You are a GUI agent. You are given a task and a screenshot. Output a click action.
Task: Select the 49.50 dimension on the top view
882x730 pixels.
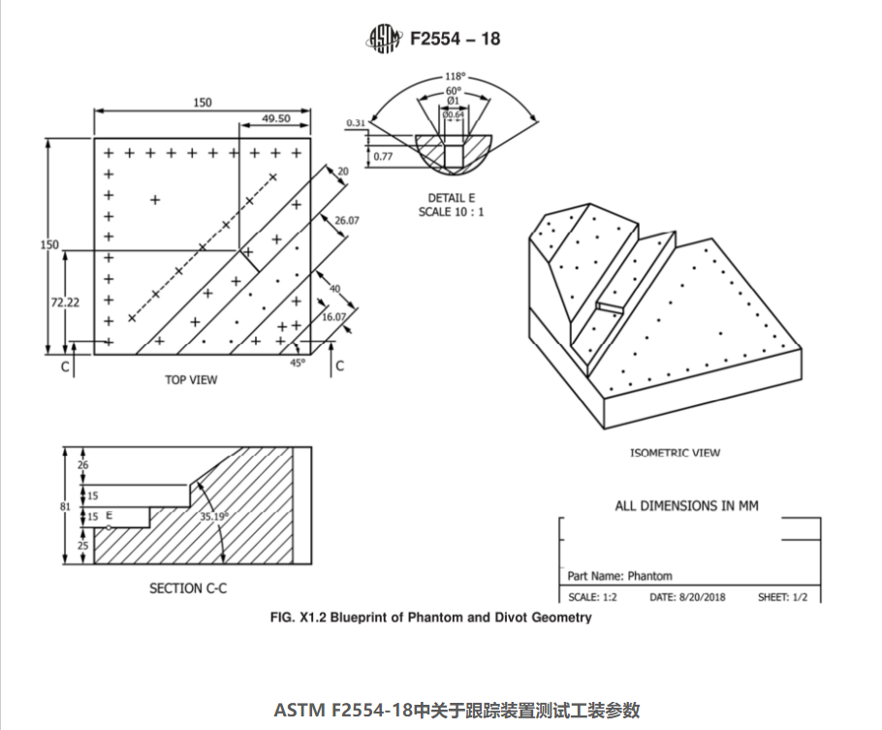(276, 118)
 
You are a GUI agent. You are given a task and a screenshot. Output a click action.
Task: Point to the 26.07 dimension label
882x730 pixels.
(347, 221)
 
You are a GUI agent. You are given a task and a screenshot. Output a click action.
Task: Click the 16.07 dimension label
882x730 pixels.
(332, 317)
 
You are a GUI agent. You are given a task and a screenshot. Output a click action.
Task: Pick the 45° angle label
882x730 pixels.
(297, 363)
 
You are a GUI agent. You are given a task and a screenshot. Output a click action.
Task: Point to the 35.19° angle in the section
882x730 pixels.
(213, 517)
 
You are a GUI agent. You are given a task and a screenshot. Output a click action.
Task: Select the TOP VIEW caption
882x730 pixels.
(191, 380)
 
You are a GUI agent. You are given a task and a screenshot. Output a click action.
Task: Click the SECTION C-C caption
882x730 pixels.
(188, 588)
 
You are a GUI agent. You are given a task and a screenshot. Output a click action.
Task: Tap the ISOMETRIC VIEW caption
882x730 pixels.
(675, 453)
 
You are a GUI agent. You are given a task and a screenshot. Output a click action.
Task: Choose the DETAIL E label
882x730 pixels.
(451, 198)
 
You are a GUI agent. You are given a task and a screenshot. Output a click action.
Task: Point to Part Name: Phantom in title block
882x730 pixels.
(619, 576)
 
